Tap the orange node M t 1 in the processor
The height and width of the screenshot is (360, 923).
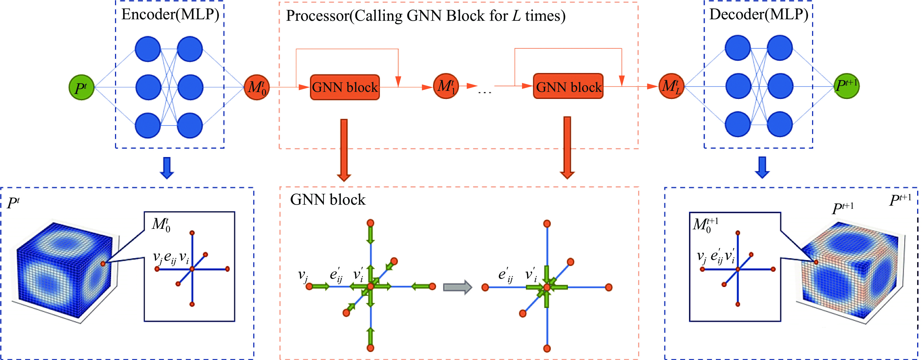(x=446, y=86)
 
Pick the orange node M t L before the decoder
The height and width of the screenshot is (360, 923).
(x=671, y=86)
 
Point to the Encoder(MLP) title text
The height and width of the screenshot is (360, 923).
(x=170, y=14)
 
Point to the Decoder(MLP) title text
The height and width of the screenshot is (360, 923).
(x=759, y=14)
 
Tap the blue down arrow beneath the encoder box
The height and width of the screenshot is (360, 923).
(x=167, y=168)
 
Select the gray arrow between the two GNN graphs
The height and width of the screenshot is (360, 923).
(x=457, y=287)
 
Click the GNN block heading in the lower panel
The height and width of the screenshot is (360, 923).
(x=328, y=200)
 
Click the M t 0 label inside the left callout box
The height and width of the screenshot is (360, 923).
(x=161, y=225)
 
